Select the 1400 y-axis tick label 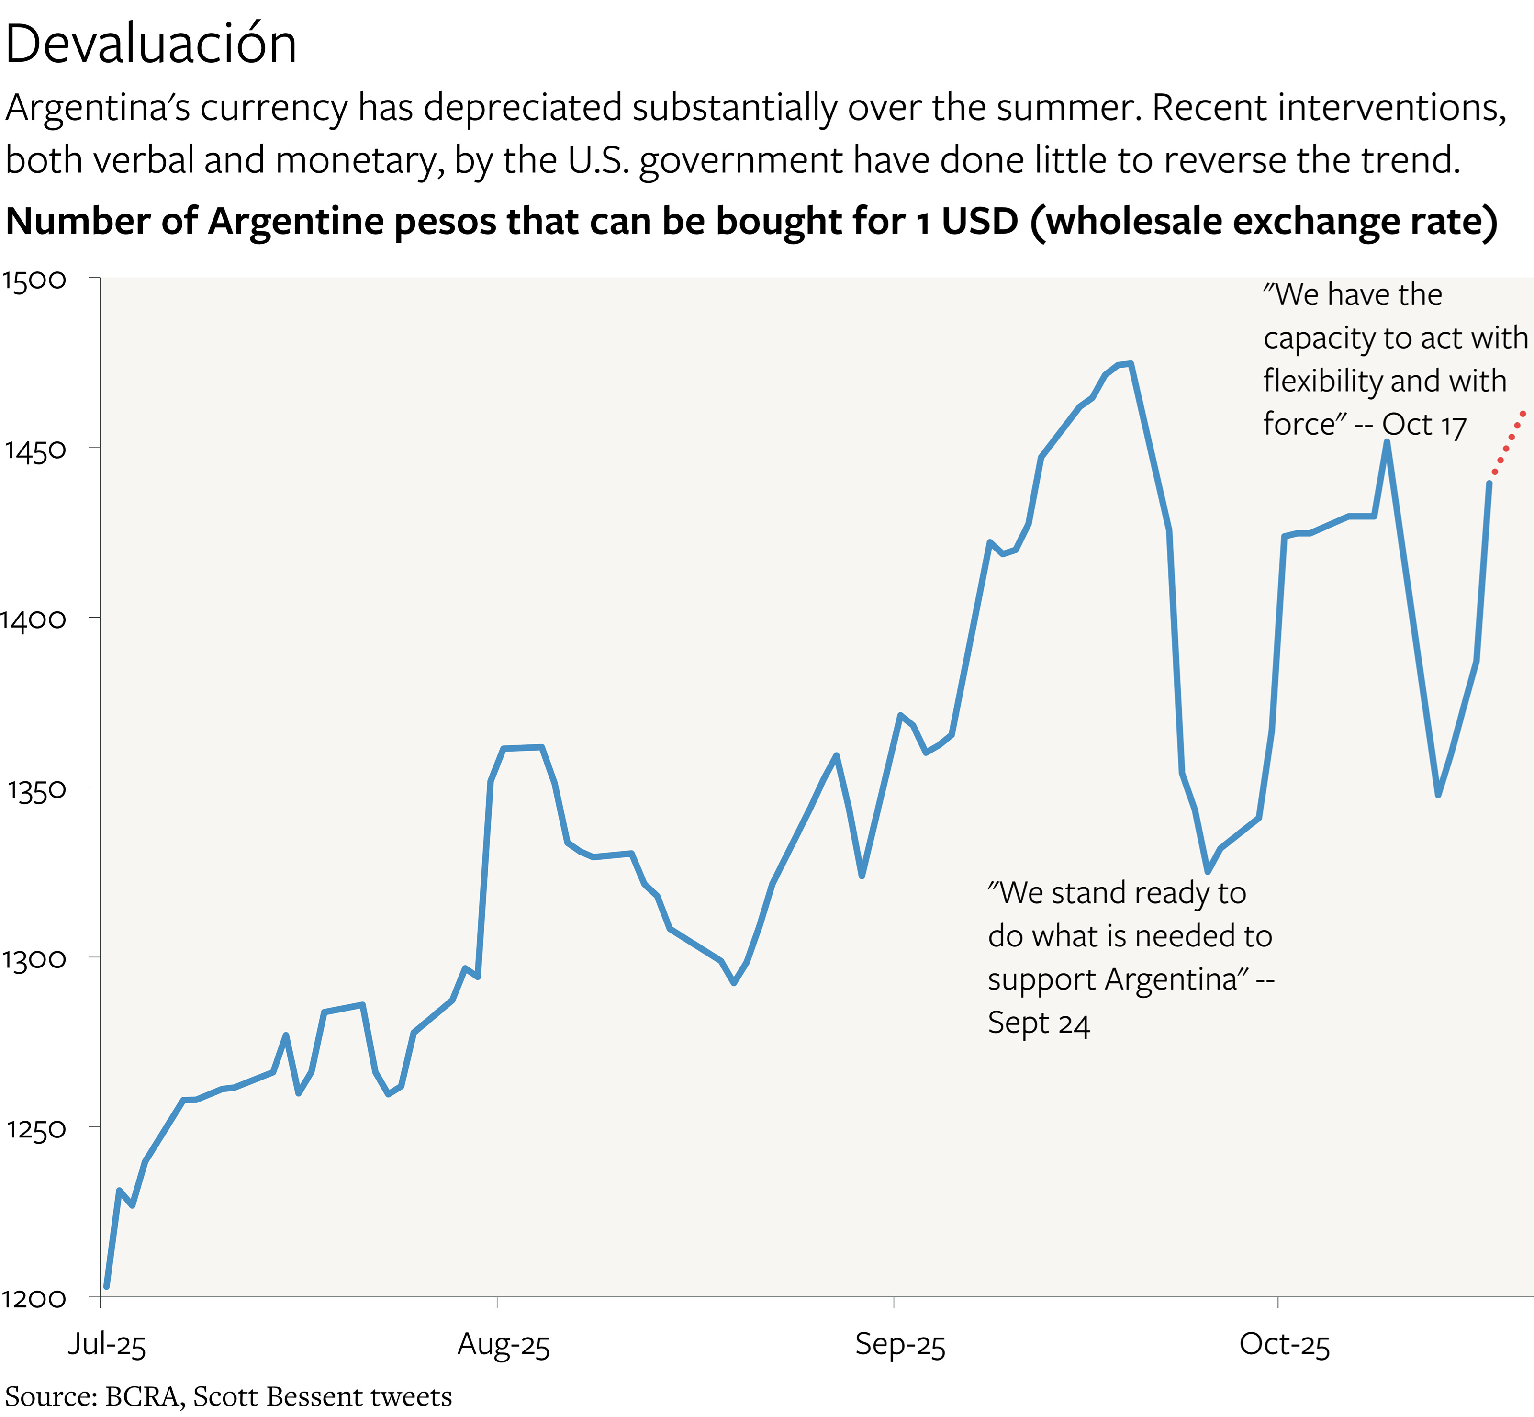(34, 619)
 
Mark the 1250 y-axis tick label (35, 1129)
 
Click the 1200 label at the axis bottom (34, 1299)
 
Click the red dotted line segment (1509, 442)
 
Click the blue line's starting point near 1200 (107, 1286)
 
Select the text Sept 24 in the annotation (1038, 1023)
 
